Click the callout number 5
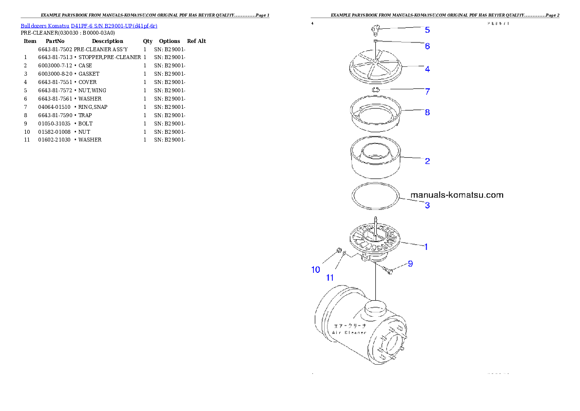pos(427,30)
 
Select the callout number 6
pos(427,46)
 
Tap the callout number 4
pos(427,69)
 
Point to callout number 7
pos(427,91)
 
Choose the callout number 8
pos(427,112)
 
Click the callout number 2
pos(427,161)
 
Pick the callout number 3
pos(427,205)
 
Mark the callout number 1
pos(425,247)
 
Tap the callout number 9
pos(410,264)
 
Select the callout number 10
pos(316,269)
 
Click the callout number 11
pos(330,277)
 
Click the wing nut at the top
pos(374,31)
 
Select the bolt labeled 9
pos(388,270)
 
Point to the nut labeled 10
pos(337,251)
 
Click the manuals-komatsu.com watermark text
pos(457,195)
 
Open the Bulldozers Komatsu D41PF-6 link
pos(89,25)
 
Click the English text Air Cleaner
pos(349,332)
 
